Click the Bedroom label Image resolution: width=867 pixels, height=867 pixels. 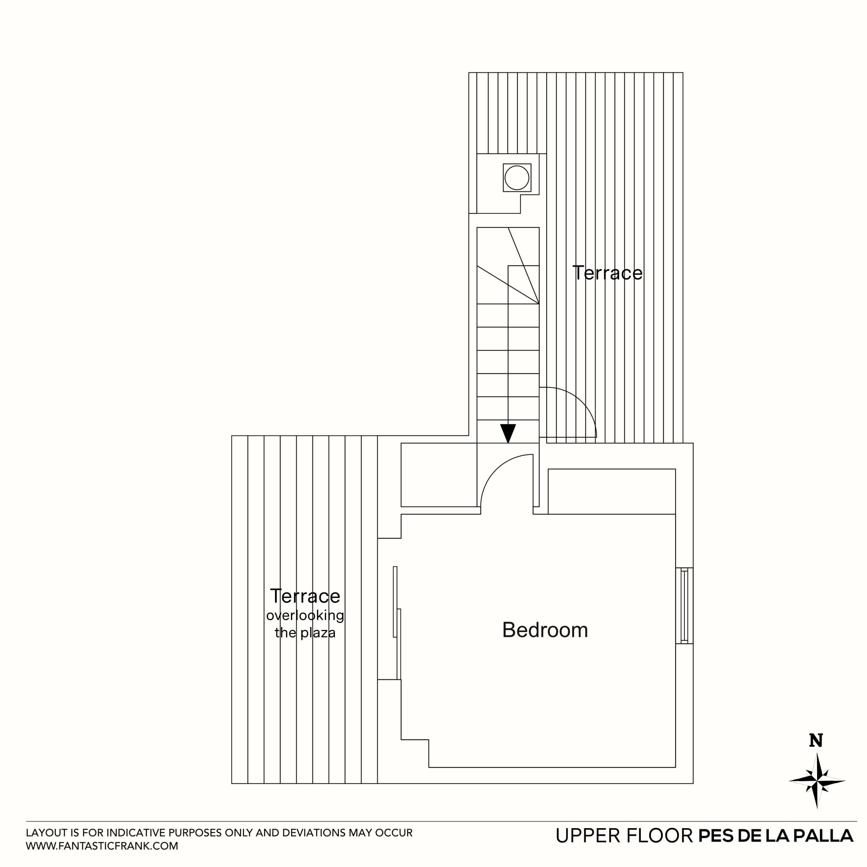point(545,630)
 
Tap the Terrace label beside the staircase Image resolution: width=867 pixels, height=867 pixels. point(608,273)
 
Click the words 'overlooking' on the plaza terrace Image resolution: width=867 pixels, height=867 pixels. point(305,615)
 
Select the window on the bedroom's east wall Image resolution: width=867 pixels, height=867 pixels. point(684,606)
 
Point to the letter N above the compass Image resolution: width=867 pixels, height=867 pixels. point(816,741)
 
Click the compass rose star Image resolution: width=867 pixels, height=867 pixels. point(817,781)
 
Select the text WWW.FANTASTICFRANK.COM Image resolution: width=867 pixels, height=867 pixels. point(102,846)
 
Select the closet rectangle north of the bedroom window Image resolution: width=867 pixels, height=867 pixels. point(612,491)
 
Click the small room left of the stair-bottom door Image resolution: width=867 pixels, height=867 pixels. point(438,475)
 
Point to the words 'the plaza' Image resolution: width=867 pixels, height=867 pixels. point(305,633)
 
